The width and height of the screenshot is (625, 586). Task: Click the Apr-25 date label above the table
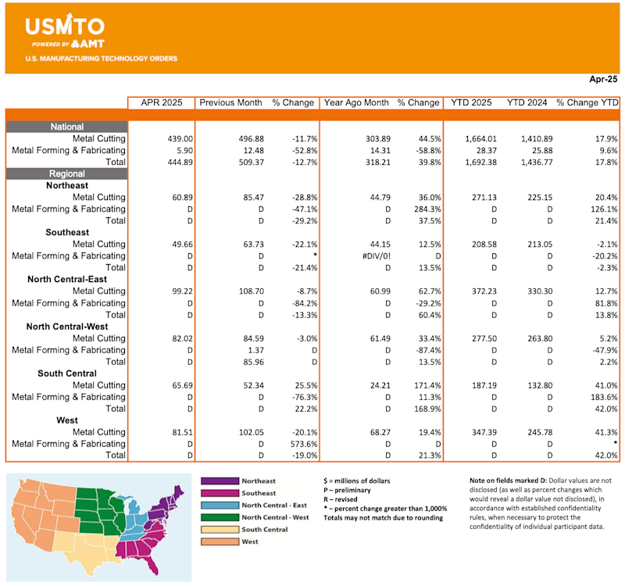(602, 80)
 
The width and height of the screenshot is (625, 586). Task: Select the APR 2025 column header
(161, 102)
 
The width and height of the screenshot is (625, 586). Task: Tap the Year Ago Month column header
(356, 102)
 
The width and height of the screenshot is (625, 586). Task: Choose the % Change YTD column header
(587, 102)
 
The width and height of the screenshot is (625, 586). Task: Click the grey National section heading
(66, 127)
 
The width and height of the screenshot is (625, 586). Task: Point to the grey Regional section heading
(66, 173)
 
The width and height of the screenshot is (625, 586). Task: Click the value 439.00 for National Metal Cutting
(176, 138)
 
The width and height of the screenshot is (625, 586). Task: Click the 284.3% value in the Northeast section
(424, 209)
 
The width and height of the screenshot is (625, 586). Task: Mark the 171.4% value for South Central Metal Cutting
(424, 384)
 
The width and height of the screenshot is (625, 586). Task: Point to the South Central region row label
(67, 373)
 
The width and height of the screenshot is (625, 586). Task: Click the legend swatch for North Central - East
(218, 506)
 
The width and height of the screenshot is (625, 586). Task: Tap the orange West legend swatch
(218, 541)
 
